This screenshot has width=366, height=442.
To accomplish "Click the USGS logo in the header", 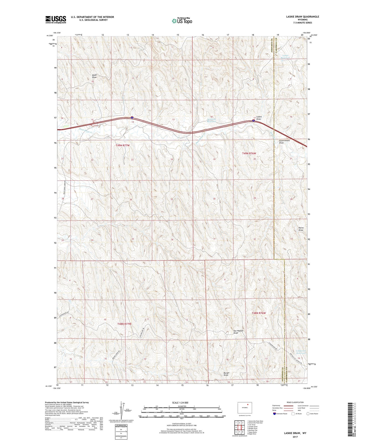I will coord(56,19).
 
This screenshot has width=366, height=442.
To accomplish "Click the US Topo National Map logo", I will coord(182,21).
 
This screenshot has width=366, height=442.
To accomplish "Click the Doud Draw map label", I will coord(94,76).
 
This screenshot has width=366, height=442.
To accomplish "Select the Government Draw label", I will coord(284,142).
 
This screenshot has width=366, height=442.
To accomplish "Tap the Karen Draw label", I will coord(301,229).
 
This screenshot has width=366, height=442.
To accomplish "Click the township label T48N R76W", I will coord(259,313).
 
